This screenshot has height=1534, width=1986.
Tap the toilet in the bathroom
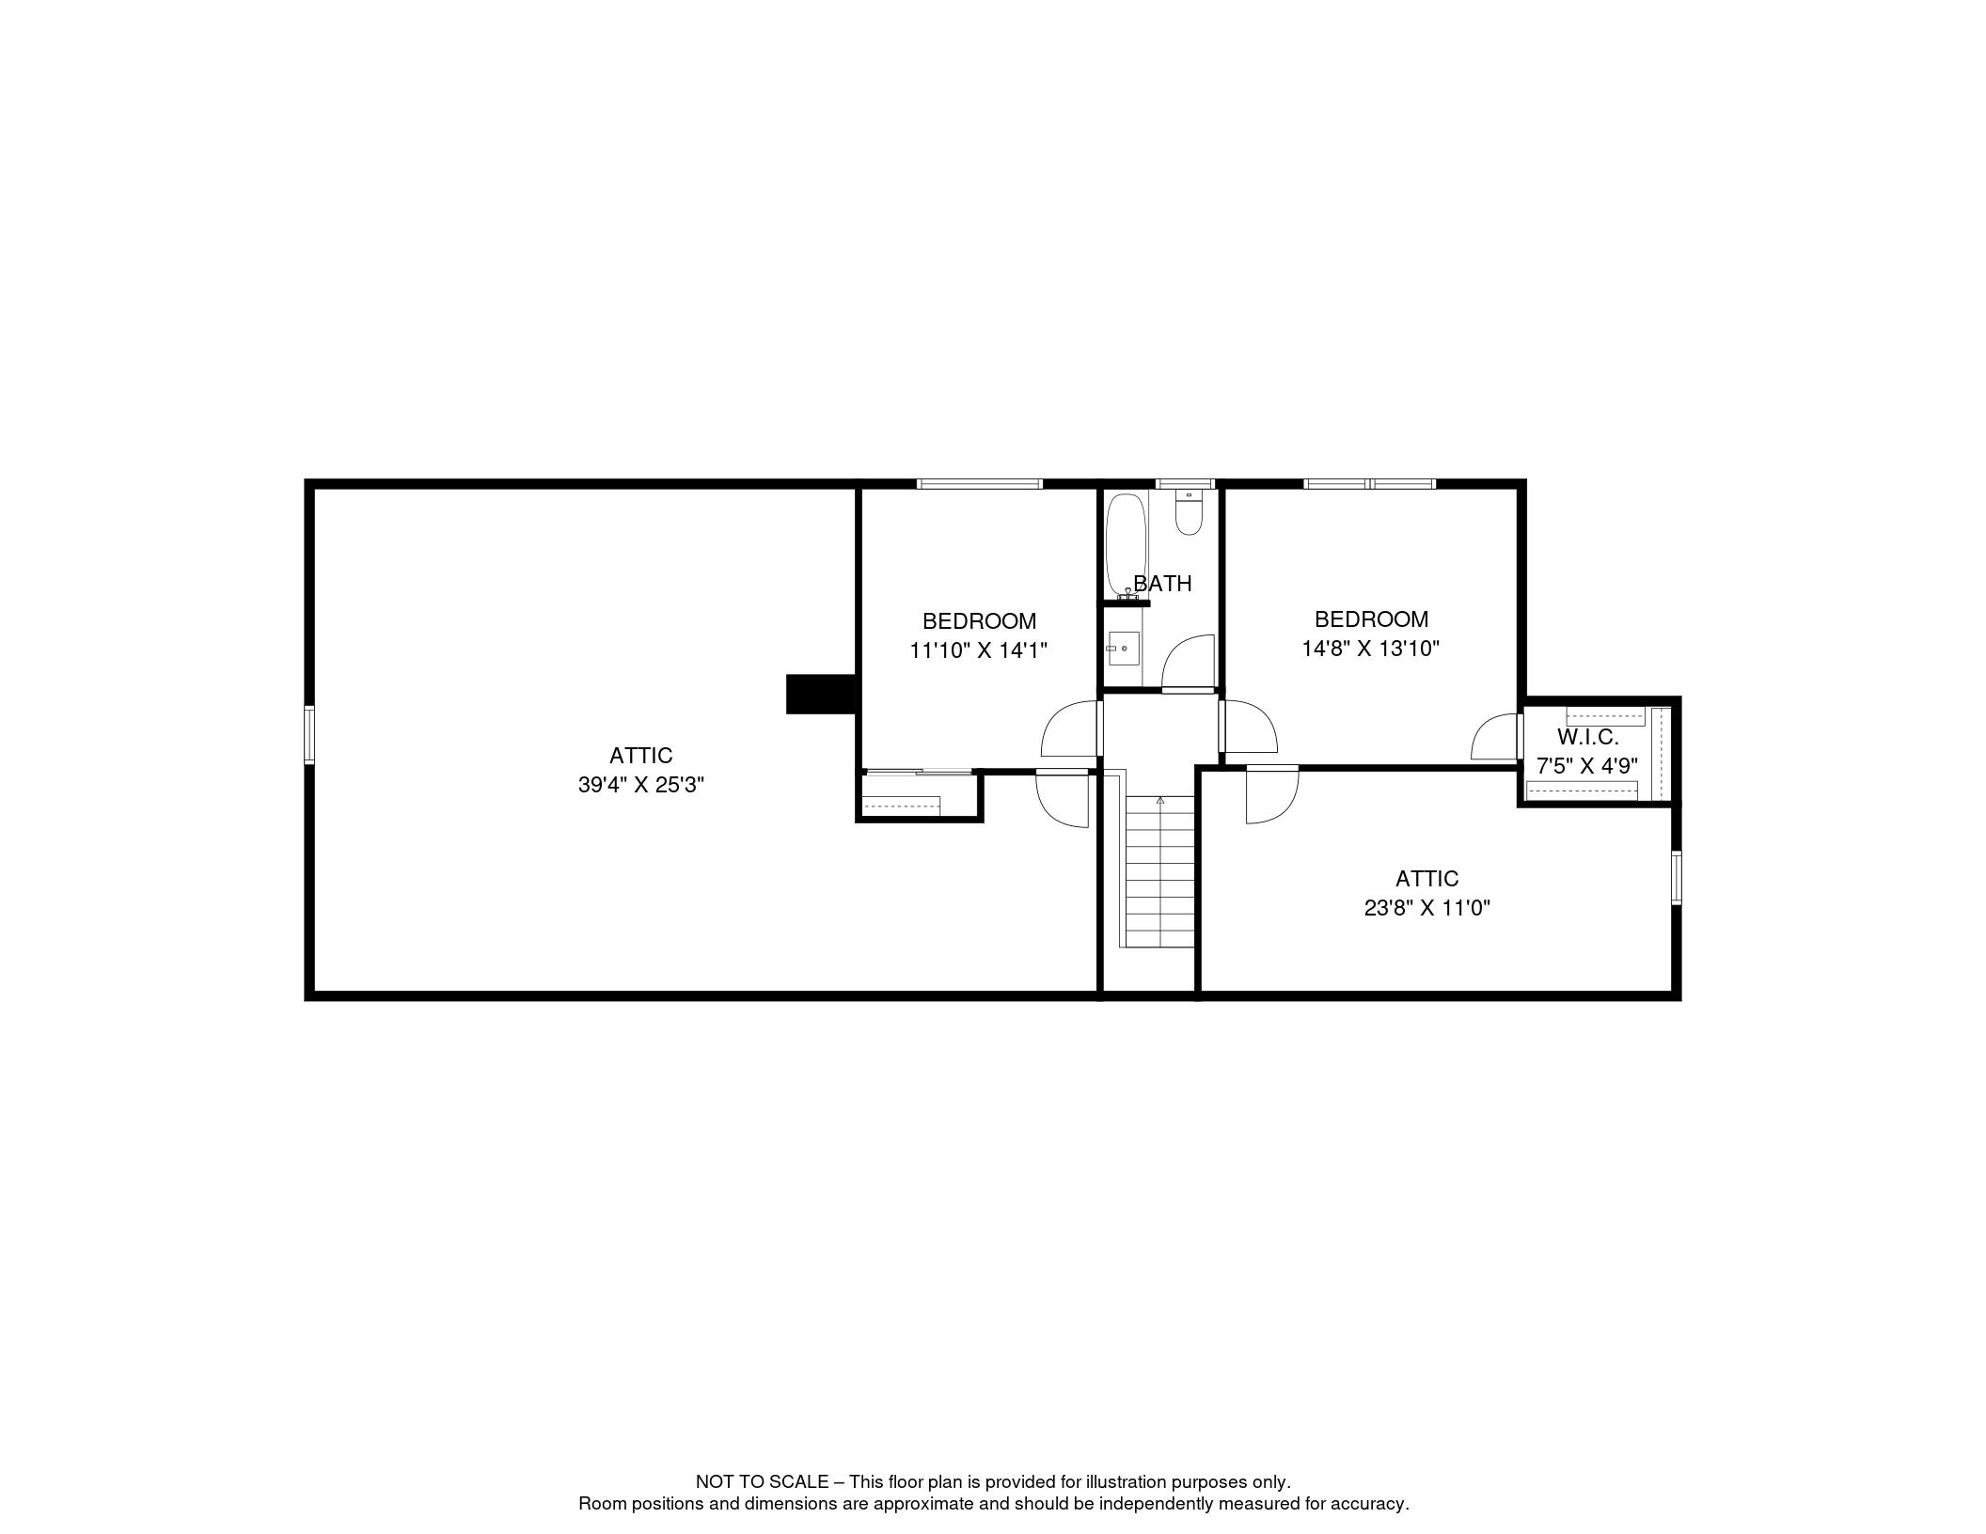click(x=1189, y=512)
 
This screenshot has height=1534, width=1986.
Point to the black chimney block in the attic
click(x=820, y=694)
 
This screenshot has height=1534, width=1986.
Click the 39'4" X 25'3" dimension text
click(x=641, y=785)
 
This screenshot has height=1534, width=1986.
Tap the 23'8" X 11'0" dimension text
click(x=1427, y=908)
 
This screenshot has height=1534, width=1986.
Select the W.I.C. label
click(x=1587, y=737)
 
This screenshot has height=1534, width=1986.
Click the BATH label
click(x=1163, y=584)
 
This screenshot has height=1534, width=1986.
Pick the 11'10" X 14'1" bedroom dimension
click(x=979, y=650)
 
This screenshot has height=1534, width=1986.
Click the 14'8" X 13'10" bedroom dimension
click(x=1371, y=648)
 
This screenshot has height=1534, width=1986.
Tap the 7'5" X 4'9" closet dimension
click(x=1587, y=766)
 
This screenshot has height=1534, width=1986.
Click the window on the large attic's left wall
click(x=309, y=734)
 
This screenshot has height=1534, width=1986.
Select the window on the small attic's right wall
click(x=1676, y=878)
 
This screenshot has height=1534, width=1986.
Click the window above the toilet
click(x=1185, y=484)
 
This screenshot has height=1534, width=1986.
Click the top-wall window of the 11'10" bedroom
click(x=980, y=484)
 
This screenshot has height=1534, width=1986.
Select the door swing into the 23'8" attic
click(x=1272, y=795)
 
